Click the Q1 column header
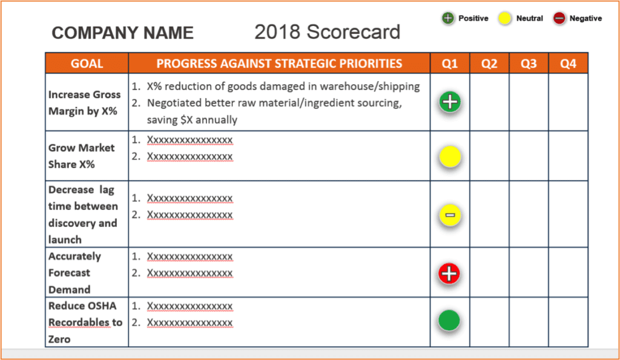pyautogui.click(x=450, y=64)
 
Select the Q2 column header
pyautogui.click(x=489, y=64)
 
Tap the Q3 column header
pyautogui.click(x=529, y=64)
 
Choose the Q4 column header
pyautogui.click(x=568, y=64)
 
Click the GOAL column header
pyautogui.click(x=87, y=64)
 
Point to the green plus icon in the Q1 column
pyautogui.click(x=450, y=102)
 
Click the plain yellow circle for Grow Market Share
pyautogui.click(x=450, y=157)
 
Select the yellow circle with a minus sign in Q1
pyautogui.click(x=450, y=215)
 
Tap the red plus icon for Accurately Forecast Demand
pyautogui.click(x=449, y=273)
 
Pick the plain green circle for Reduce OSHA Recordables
pyautogui.click(x=449, y=320)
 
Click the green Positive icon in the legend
pyautogui.click(x=447, y=18)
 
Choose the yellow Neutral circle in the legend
pyautogui.click(x=504, y=18)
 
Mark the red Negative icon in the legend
pyautogui.click(x=559, y=18)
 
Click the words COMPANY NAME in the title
pyautogui.click(x=122, y=33)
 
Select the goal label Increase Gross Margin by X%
pyautogui.click(x=84, y=103)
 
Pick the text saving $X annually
pyautogui.click(x=192, y=120)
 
